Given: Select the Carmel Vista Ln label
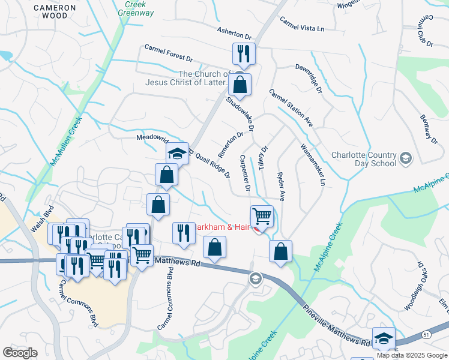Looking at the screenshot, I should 301,25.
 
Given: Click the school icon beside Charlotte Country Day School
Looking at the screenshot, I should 406,158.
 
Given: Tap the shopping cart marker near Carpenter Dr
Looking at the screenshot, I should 262,215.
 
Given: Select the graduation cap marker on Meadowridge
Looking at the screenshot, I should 177,154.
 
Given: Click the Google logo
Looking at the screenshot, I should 20,353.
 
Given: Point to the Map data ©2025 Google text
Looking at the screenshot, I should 412,355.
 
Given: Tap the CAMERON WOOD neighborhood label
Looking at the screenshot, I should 55,11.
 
